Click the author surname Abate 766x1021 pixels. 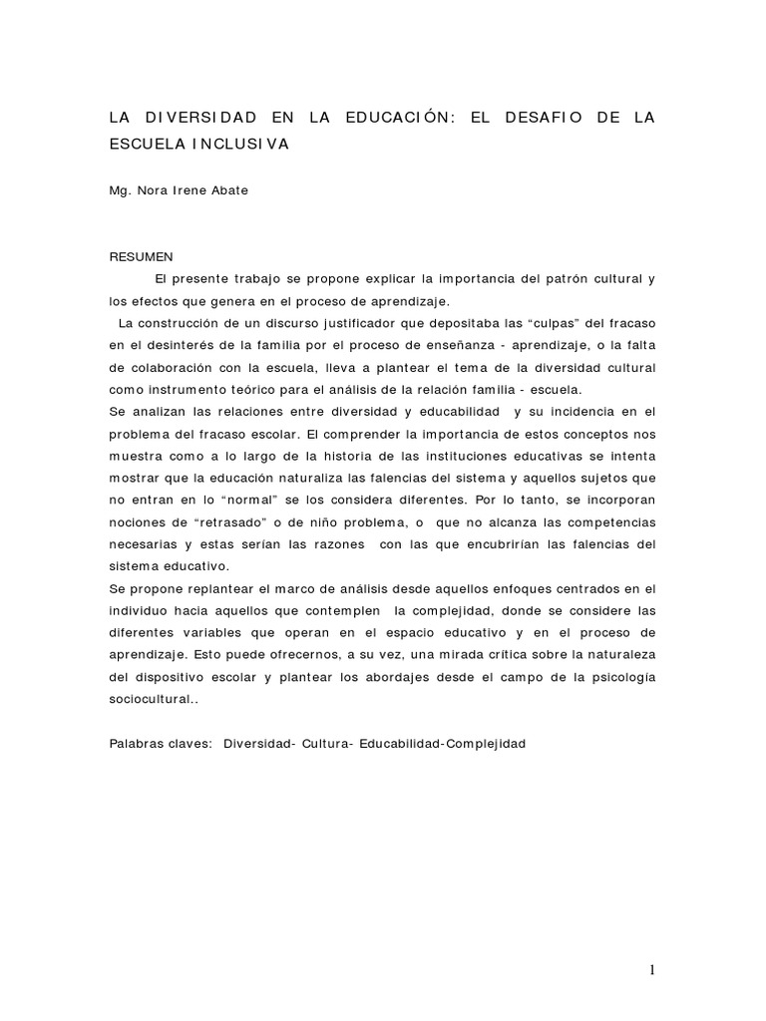click(227, 190)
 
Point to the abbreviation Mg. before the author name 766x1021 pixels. click(121, 190)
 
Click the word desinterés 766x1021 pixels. click(168, 345)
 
